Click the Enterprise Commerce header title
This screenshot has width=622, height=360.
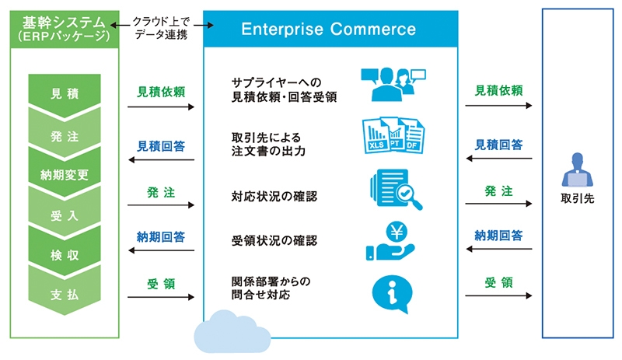(328, 30)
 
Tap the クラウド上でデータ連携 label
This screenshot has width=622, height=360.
(162, 26)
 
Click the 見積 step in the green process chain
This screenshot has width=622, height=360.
(64, 95)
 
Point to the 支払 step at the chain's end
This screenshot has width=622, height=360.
(64, 295)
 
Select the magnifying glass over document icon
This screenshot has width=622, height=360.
(396, 190)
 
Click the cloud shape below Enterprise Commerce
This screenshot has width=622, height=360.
(225, 330)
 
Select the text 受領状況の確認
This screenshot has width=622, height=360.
(274, 240)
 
